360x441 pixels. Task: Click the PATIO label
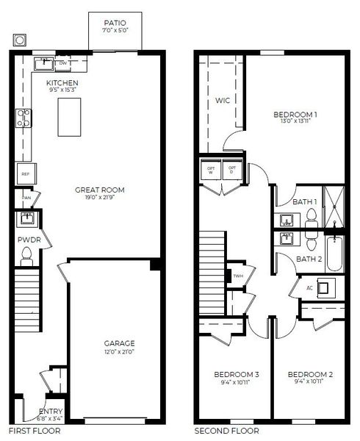point(115,23)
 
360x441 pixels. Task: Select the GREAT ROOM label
point(96,190)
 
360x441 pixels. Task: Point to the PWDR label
point(27,240)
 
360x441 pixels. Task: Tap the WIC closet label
point(223,100)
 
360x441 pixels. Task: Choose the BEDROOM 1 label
point(295,114)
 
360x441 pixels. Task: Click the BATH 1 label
point(305,202)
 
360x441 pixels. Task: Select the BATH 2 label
point(309,259)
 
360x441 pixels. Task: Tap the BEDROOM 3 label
point(237,375)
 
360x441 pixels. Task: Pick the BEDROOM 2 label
point(309,375)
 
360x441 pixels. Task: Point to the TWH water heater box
point(237,276)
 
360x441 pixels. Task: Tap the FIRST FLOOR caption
point(30,431)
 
